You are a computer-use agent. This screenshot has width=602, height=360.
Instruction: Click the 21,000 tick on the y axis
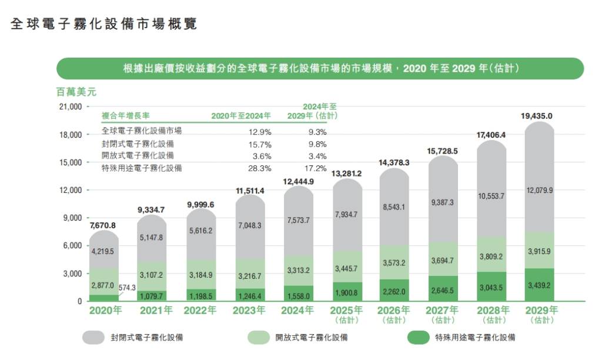(69, 107)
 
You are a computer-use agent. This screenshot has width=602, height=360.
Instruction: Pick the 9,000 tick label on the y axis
(72, 218)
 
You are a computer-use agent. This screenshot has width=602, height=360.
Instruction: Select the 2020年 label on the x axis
(106, 310)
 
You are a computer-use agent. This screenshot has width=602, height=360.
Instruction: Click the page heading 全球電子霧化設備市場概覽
(103, 24)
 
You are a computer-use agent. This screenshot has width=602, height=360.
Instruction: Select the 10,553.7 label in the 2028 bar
(493, 196)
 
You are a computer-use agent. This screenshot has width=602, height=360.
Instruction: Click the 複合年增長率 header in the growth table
(126, 116)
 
